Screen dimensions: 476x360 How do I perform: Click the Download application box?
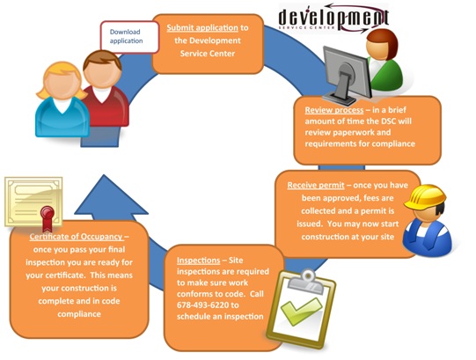tap(129, 37)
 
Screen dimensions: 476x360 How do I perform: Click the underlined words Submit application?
tap(202, 27)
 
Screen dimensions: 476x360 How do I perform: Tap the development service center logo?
tap(334, 18)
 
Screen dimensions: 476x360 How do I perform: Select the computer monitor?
tap(347, 75)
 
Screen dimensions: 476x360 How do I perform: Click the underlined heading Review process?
tap(334, 110)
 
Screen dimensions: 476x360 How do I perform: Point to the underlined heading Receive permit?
tap(316, 185)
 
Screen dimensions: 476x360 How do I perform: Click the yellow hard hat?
tap(425, 197)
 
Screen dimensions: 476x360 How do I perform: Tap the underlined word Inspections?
tap(198, 261)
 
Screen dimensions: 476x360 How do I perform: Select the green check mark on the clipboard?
tap(301, 311)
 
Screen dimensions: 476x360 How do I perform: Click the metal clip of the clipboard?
tap(306, 282)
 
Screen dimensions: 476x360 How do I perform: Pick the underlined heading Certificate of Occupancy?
tap(77, 237)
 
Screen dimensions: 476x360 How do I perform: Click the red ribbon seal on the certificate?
tap(48, 218)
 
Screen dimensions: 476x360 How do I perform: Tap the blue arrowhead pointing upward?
tap(111, 195)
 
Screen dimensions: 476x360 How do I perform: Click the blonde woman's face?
tap(62, 83)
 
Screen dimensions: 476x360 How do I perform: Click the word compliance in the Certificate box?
tap(79, 314)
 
